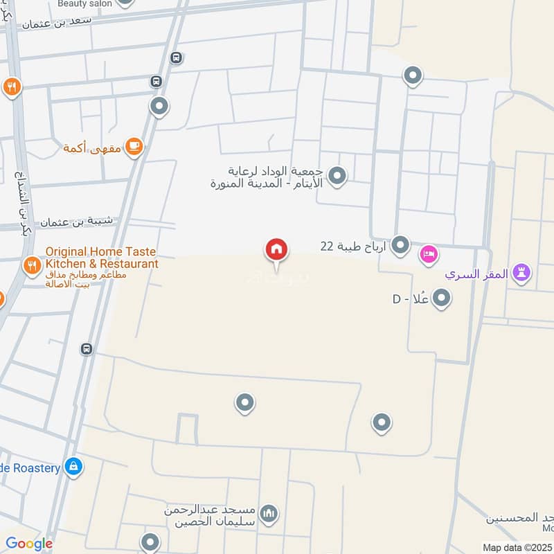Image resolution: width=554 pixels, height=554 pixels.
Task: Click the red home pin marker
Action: (x=276, y=250)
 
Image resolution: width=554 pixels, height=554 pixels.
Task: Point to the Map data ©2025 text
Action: (x=517, y=548)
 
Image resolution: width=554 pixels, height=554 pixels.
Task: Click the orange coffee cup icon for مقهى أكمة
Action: (x=134, y=146)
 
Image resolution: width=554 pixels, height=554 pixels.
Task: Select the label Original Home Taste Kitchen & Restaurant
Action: (x=101, y=258)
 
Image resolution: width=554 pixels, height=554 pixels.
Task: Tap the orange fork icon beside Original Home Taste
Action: (x=32, y=265)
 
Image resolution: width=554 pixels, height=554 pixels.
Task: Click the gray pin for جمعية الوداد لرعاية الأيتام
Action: (x=337, y=176)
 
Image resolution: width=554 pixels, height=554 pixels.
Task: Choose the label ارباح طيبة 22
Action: (x=352, y=246)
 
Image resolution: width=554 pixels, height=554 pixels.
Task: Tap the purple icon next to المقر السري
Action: (x=522, y=273)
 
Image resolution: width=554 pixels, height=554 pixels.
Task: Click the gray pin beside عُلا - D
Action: (x=442, y=298)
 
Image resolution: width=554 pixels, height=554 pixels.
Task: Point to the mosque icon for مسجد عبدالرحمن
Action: (x=270, y=514)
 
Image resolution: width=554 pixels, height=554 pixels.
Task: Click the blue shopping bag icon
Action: (x=73, y=467)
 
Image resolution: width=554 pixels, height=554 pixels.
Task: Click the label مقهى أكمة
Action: (x=92, y=148)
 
